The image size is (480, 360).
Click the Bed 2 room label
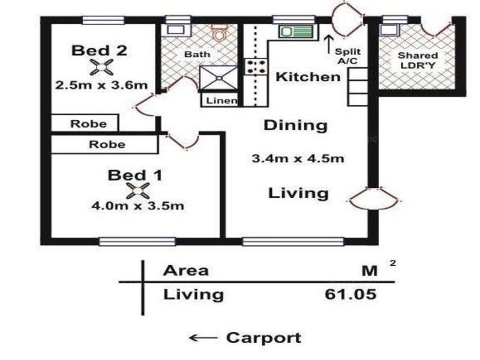tap(99, 50)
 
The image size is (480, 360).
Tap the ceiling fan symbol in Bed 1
tap(138, 190)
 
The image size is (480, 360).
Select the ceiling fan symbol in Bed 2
tap(101, 67)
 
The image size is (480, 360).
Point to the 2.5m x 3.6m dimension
tap(101, 85)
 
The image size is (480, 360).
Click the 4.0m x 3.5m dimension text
tap(138, 205)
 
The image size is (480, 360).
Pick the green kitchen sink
tap(296, 32)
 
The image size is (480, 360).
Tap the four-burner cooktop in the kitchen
tap(256, 67)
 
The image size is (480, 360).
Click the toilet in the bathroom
tap(219, 32)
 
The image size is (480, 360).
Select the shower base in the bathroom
tap(218, 78)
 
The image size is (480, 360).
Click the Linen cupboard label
tap(221, 100)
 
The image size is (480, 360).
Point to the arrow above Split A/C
tap(329, 44)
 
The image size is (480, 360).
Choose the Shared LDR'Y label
tap(418, 61)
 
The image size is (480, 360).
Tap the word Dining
tap(296, 125)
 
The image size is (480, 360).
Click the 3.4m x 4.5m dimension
tap(298, 158)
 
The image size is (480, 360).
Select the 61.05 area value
tap(350, 294)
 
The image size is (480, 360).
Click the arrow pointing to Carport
tap(203, 338)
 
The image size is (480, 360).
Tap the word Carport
tap(264, 338)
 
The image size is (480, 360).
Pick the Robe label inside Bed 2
tap(88, 124)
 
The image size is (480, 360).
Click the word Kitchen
tap(308, 77)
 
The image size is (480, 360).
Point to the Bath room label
tap(197, 55)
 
